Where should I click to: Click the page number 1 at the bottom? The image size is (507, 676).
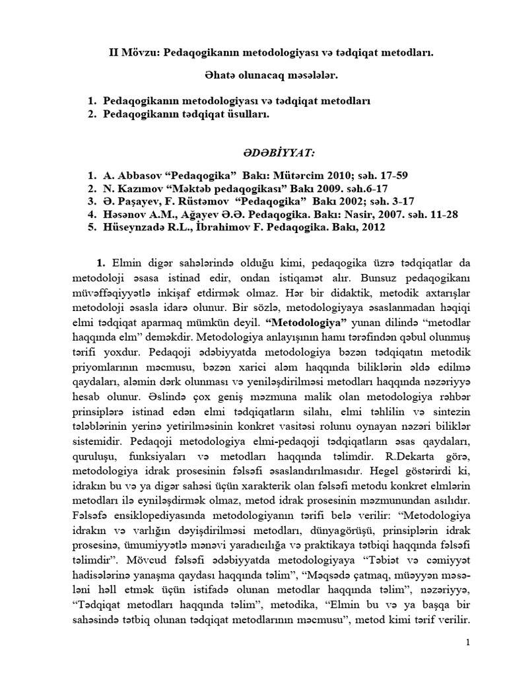coord(467,642)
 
